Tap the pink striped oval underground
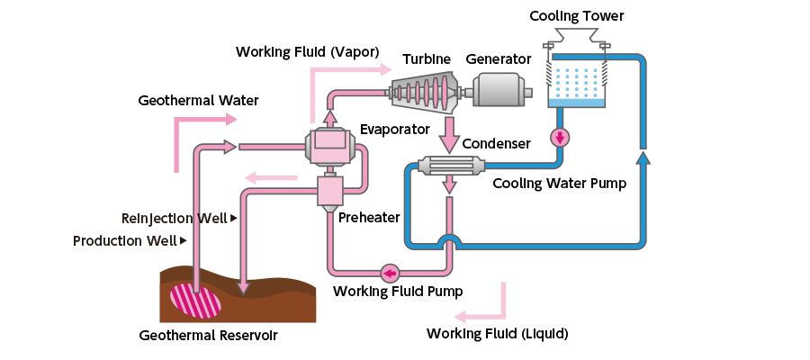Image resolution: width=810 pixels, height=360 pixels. point(195,300)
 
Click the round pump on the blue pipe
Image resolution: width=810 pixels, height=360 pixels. point(561,138)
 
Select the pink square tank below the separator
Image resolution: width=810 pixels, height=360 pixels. point(331,190)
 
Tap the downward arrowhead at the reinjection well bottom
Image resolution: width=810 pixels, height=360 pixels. point(243,287)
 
